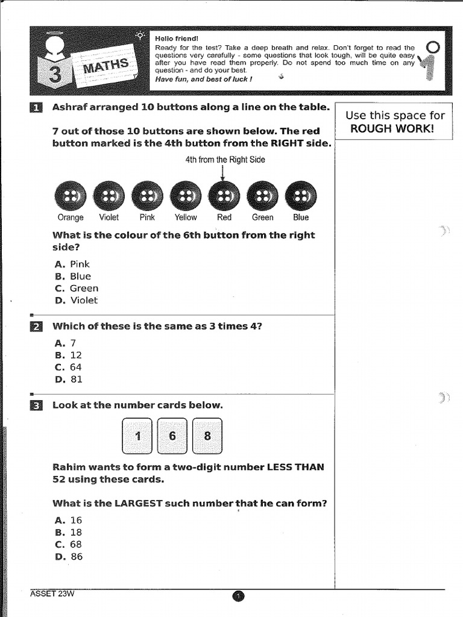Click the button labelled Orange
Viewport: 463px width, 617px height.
click(x=70, y=196)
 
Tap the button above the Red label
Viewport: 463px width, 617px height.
click(x=224, y=196)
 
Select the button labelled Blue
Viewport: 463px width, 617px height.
click(x=300, y=196)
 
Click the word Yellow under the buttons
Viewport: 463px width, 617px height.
click(x=186, y=218)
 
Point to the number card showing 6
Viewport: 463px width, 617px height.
click(x=172, y=436)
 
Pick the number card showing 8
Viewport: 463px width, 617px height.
click(x=207, y=436)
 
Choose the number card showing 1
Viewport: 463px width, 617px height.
click(x=137, y=436)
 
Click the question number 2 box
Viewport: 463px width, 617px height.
click(x=36, y=327)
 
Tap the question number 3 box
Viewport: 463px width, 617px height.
click(x=36, y=406)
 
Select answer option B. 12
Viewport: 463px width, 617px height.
click(x=68, y=355)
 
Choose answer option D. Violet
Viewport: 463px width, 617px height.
click(x=76, y=300)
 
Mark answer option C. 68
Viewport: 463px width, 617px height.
click(x=68, y=545)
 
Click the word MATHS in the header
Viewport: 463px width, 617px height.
click(x=106, y=65)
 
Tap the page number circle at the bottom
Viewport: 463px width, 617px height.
click(x=238, y=597)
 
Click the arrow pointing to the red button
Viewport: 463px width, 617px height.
click(x=224, y=172)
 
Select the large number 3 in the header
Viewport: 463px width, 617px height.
click(x=55, y=76)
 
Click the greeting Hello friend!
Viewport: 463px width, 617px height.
click(x=172, y=38)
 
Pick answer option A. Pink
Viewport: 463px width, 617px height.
click(x=72, y=264)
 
